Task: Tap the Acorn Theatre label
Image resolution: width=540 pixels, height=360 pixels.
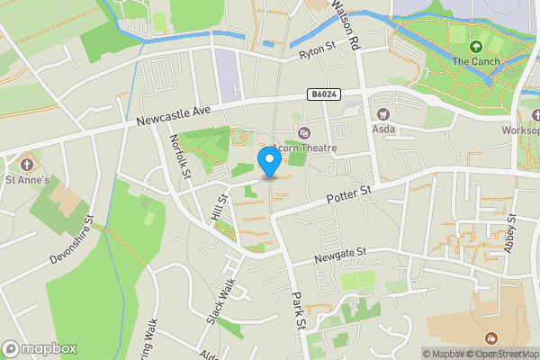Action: coord(306,148)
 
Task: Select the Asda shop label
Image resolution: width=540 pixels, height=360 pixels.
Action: coord(383,129)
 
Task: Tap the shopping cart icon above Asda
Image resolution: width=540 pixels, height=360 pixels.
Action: coord(383,113)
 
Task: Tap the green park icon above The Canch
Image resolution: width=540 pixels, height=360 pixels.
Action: coord(475,46)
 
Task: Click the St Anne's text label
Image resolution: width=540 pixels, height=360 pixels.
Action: coord(28,180)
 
